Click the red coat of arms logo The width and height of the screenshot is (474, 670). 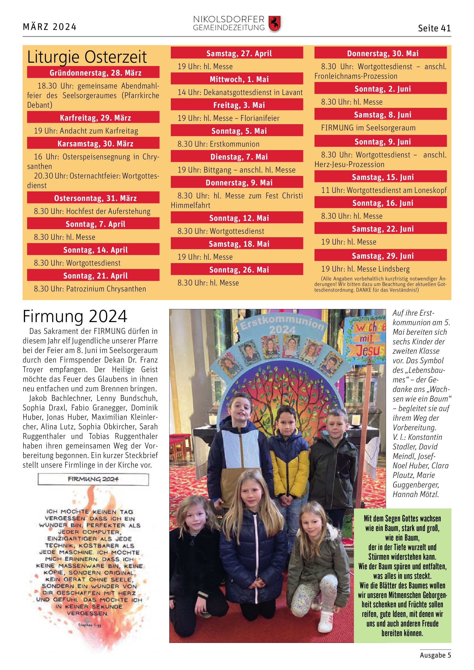point(274,24)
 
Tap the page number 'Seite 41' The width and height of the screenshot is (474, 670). point(434,28)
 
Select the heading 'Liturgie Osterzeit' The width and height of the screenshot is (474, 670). point(87,57)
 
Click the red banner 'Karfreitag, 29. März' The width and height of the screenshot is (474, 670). point(93,117)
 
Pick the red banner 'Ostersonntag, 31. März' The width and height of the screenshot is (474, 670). point(93,198)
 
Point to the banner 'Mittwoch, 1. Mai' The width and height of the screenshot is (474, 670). point(237,79)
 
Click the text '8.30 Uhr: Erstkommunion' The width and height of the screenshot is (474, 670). point(218,144)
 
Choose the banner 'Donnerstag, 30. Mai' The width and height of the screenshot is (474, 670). point(380,53)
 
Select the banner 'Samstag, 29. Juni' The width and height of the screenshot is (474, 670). point(380,256)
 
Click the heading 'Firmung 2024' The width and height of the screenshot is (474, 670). point(75,316)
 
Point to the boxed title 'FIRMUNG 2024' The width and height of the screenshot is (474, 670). point(93,479)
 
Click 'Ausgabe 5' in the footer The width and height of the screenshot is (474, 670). point(435,655)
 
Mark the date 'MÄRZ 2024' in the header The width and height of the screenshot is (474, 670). point(50,27)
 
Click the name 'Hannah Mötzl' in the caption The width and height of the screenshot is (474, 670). point(415,494)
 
